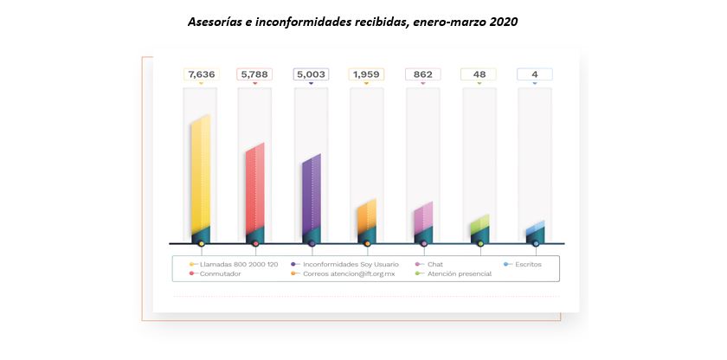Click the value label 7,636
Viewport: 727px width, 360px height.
pyautogui.click(x=201, y=74)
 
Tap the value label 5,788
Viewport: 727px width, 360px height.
pyautogui.click(x=254, y=74)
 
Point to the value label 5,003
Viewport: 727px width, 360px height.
pyautogui.click(x=311, y=74)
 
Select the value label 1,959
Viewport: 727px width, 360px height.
pyautogui.click(x=367, y=74)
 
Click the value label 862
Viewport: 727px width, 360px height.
pyautogui.click(x=422, y=74)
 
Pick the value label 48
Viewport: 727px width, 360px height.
pyautogui.click(x=479, y=74)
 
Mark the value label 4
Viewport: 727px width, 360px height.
pyautogui.click(x=535, y=74)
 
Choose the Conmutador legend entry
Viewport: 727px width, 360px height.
pyautogui.click(x=220, y=273)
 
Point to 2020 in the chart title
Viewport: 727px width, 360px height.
pyautogui.click(x=504, y=22)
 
